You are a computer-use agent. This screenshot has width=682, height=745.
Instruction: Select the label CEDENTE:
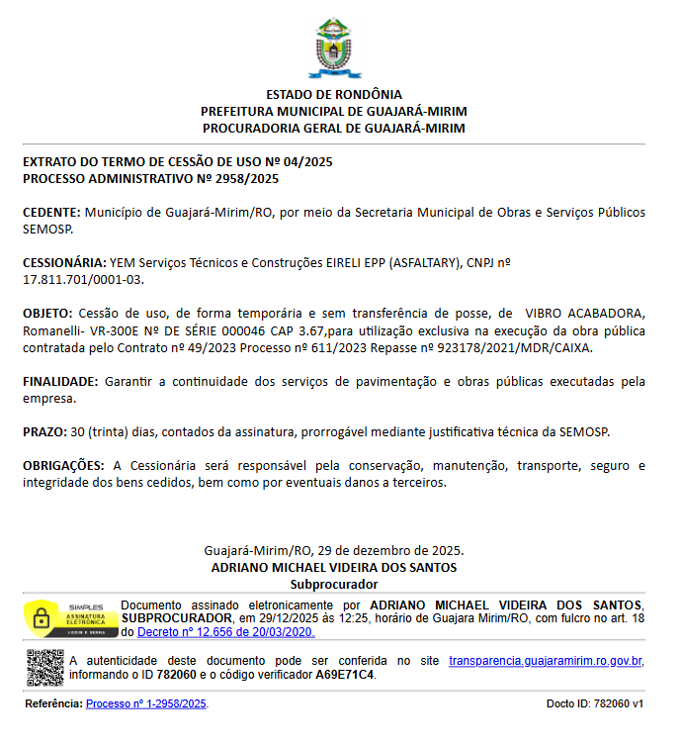(51, 213)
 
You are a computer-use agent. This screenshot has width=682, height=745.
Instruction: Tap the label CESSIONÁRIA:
(64, 263)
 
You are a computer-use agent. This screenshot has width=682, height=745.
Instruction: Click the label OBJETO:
(47, 314)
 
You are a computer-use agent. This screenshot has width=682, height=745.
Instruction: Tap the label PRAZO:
(44, 432)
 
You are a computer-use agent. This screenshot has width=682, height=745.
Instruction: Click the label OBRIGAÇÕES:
(63, 466)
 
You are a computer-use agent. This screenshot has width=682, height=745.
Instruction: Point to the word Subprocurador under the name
(334, 585)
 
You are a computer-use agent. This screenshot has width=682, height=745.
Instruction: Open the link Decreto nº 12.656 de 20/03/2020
(225, 632)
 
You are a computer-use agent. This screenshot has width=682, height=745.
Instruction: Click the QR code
(44, 668)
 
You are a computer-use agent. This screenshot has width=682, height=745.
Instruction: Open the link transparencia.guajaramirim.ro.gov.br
(546, 661)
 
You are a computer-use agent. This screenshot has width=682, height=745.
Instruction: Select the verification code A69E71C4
(345, 675)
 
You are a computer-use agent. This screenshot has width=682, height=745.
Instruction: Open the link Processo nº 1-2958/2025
(146, 704)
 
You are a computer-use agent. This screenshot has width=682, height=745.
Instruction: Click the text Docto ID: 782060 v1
(594, 704)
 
